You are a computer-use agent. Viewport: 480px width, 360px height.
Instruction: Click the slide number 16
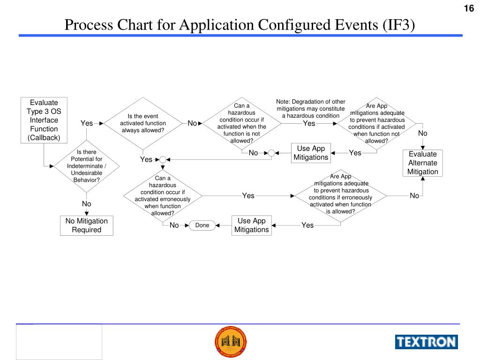469,8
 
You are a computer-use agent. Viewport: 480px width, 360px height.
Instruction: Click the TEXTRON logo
426,342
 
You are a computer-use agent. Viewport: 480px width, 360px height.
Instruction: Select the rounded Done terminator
202,225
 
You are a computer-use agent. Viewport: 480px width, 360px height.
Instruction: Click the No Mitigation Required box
86,225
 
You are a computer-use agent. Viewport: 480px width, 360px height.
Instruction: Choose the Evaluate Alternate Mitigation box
422,163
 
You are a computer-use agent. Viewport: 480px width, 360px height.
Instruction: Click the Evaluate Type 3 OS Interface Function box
44,120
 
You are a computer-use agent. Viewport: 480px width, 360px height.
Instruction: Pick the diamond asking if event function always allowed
143,123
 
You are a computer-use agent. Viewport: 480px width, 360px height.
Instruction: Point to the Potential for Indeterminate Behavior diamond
86,166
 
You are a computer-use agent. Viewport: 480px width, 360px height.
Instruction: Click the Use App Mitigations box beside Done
252,225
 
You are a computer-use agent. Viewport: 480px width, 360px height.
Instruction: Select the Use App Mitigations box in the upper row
311,153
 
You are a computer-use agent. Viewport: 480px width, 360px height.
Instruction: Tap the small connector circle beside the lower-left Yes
163,159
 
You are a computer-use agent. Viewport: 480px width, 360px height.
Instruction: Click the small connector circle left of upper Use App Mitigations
271,153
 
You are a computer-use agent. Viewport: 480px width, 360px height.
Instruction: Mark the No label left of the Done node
174,225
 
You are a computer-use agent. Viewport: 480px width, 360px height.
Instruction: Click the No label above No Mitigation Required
86,204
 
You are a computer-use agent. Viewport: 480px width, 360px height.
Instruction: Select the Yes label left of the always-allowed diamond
87,123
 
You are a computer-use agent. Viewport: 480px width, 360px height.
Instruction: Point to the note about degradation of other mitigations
311,109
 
